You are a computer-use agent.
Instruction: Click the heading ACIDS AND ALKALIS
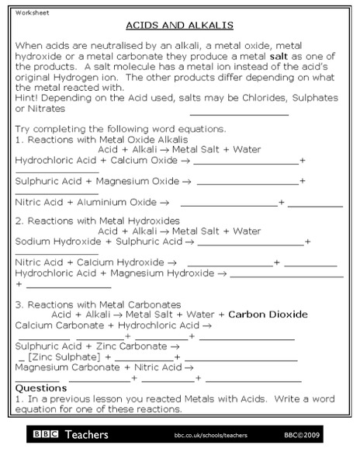pos(179,25)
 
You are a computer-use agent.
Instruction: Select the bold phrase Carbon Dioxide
pos(268,315)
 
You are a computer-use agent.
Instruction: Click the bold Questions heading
pos(41,388)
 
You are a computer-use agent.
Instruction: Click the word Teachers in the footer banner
pos(87,435)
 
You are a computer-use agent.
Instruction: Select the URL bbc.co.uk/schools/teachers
pos(210,436)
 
